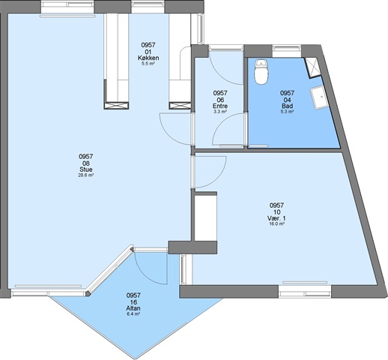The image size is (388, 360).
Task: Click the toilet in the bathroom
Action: (x=261, y=71)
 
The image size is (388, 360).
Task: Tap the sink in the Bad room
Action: (x=319, y=97)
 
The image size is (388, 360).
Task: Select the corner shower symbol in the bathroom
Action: (x=312, y=67)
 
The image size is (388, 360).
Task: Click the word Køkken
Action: (x=148, y=58)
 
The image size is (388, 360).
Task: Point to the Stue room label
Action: (x=86, y=169)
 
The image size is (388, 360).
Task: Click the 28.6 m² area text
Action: (x=86, y=175)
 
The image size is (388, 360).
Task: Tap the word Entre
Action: (x=220, y=106)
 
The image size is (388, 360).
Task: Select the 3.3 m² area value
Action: (x=220, y=112)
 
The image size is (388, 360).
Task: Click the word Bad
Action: (x=287, y=106)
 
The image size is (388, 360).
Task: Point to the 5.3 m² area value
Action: (x=287, y=112)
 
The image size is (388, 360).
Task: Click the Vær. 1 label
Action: (x=276, y=218)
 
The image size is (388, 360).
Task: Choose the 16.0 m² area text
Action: (x=276, y=224)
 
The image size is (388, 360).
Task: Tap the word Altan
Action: (x=133, y=308)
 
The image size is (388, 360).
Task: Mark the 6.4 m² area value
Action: (x=133, y=313)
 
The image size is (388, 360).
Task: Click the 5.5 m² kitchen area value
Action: (x=148, y=64)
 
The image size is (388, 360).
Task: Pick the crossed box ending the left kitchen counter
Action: (x=116, y=106)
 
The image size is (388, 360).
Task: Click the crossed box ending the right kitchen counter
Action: (x=180, y=106)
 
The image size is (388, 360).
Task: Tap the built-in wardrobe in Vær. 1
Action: (x=205, y=217)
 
